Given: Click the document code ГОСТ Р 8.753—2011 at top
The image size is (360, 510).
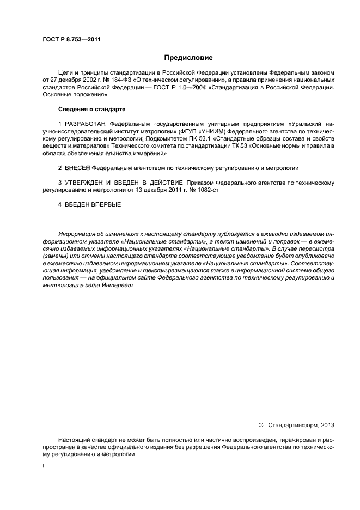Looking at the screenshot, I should (71, 39).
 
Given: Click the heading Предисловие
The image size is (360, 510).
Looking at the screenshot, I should (188, 58).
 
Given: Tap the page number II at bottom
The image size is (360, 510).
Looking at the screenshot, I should (44, 466).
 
